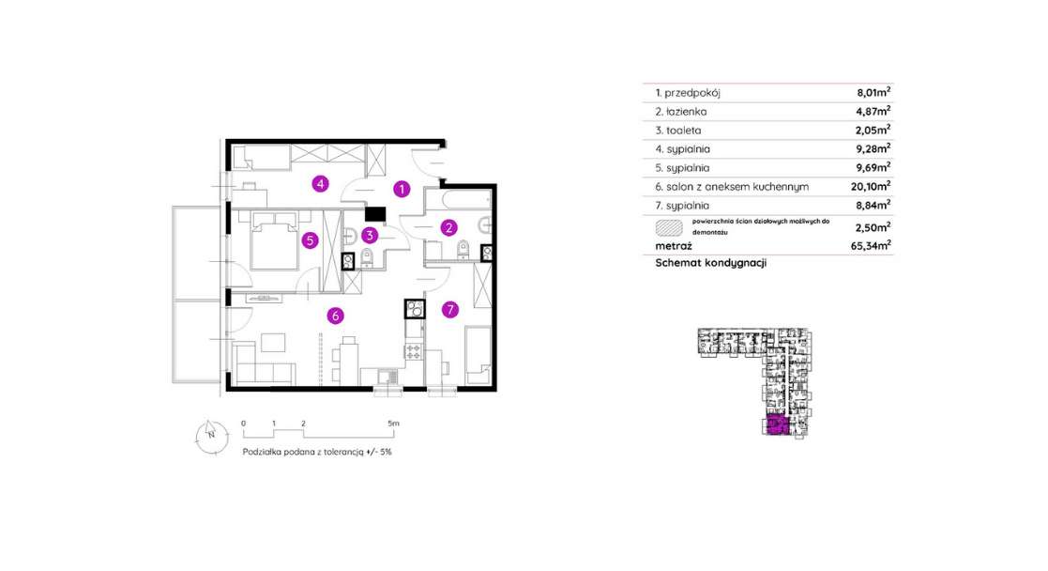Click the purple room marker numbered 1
(x=402, y=189)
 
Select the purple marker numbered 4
(x=321, y=183)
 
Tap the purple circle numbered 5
(x=309, y=239)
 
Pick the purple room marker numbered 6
(x=333, y=316)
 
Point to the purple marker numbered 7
(x=449, y=309)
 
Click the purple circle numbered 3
(x=371, y=235)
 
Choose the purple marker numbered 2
(x=449, y=226)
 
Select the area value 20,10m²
(x=873, y=187)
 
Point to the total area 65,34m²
(x=873, y=246)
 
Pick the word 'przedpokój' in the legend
(x=692, y=93)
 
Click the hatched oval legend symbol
(x=670, y=225)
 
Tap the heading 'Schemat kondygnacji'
(x=711, y=264)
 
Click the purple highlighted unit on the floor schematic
(x=777, y=426)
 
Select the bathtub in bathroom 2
(x=458, y=200)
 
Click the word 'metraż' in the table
(x=674, y=246)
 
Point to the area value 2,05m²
(x=873, y=130)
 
